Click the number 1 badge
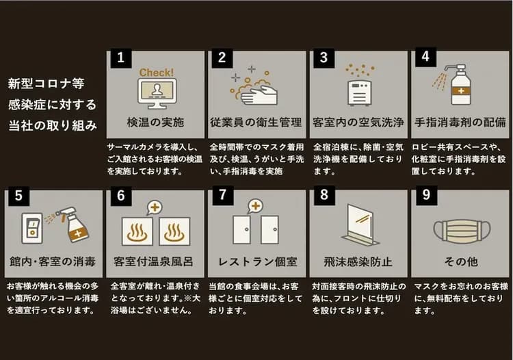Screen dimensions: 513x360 pyautogui.click(x=120, y=58)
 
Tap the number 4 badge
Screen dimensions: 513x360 pyautogui.click(x=425, y=57)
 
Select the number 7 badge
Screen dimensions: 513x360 pyautogui.click(x=223, y=195)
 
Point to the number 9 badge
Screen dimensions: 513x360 pyautogui.click(x=426, y=195)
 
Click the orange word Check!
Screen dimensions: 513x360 pyautogui.click(x=157, y=73)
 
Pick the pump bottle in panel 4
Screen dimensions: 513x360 pyautogui.click(x=460, y=84)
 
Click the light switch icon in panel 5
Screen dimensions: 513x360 pyautogui.click(x=32, y=228)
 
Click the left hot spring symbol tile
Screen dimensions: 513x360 pyautogui.click(x=137, y=231)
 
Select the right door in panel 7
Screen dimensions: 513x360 pyautogui.click(x=270, y=230)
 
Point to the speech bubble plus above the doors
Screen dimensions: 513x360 pyautogui.click(x=255, y=206)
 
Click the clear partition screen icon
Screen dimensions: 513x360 pyautogui.click(x=360, y=225)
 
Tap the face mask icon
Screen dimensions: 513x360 pyautogui.click(x=462, y=231)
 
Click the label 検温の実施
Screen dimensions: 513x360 pyautogui.click(x=155, y=123)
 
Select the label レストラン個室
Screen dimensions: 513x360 pyautogui.click(x=257, y=262)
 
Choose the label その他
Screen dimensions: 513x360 pyautogui.click(x=461, y=261)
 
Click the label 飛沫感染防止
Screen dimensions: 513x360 pyautogui.click(x=358, y=262)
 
